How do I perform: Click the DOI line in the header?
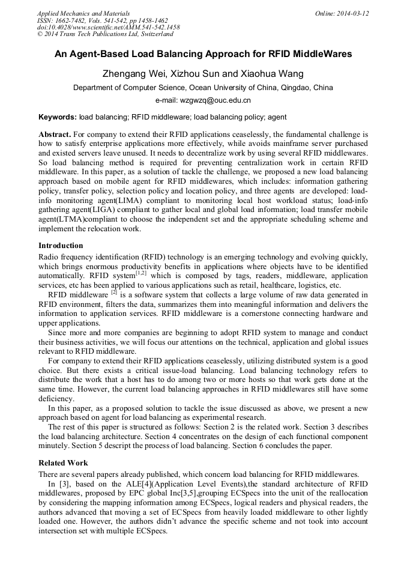108,28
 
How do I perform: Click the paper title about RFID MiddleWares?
203,54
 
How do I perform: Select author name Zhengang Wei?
132,74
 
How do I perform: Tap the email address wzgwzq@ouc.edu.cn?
220,100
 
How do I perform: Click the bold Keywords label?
58,117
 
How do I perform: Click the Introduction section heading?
61,246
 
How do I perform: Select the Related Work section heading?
63,463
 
